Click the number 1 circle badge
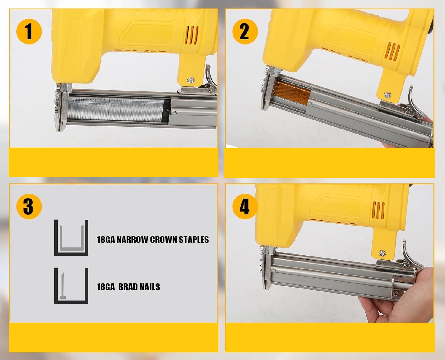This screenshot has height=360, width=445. point(29,31)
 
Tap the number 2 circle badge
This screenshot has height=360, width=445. point(245,31)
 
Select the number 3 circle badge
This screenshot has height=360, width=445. point(29,207)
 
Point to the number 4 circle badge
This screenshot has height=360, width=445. point(245,207)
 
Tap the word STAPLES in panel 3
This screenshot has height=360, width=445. point(194,240)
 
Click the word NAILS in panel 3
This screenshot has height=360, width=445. point(149,287)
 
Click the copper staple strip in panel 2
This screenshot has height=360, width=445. point(292,93)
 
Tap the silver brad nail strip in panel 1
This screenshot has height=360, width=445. point(116,109)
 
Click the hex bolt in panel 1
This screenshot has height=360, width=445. point(191,80)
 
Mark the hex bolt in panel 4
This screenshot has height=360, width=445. point(382,254)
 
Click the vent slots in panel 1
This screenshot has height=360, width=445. point(193,35)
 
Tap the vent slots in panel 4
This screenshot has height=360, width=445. point(379,210)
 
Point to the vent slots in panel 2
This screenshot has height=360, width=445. point(393,52)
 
